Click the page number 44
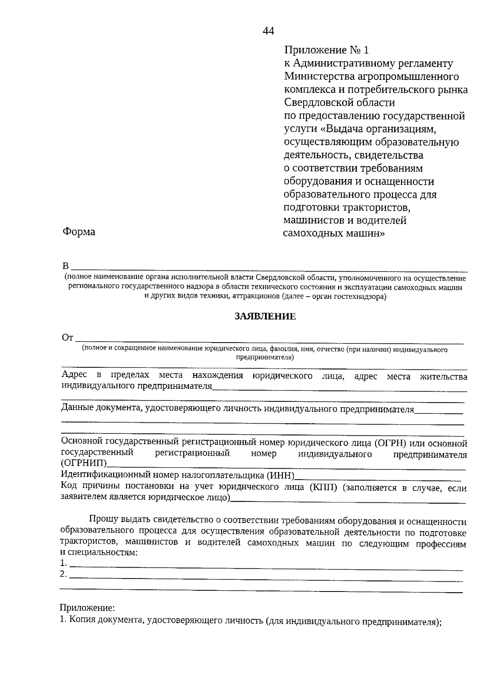click(269, 31)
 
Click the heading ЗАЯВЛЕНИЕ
click(265, 317)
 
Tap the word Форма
click(79, 232)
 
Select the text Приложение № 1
click(327, 50)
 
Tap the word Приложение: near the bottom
click(87, 608)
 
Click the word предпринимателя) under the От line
click(265, 358)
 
